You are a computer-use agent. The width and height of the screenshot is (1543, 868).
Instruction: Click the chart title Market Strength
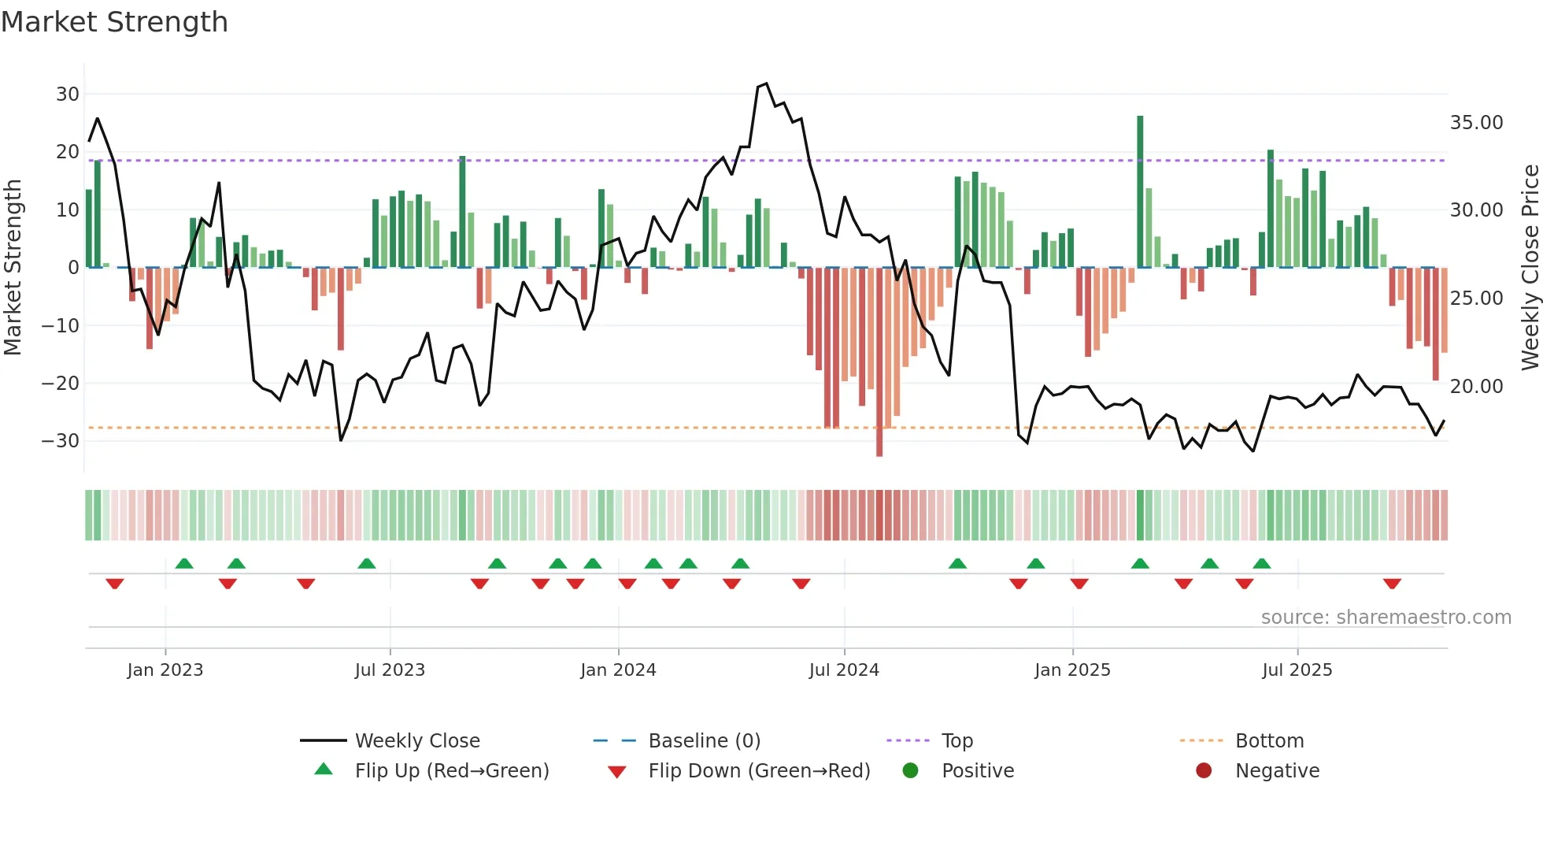pos(114,22)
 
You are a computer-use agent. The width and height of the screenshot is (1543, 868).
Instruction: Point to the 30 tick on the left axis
pos(68,95)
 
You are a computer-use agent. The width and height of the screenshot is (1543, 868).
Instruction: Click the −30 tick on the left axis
pos(61,441)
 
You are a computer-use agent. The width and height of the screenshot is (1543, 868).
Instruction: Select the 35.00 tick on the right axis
pos(1476,123)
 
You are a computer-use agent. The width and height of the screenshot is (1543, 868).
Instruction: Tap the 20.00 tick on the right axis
pos(1476,387)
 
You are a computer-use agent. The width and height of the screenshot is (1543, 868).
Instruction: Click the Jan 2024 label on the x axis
pos(618,670)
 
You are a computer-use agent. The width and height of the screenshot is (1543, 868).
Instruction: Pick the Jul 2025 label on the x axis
pos(1297,670)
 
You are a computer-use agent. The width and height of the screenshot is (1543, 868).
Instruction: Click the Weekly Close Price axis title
pos(1530,268)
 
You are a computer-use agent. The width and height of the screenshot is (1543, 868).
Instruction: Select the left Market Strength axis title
pos(13,268)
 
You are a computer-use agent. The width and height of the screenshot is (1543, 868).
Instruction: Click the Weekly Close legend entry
pos(416,741)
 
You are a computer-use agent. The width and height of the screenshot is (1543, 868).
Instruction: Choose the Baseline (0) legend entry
pos(704,741)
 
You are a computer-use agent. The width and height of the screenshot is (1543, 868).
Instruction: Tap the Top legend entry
pos(957,741)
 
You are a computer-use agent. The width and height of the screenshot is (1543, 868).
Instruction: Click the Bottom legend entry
pos(1269,741)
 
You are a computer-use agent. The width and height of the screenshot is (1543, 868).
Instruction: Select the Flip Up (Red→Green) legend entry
pos(451,771)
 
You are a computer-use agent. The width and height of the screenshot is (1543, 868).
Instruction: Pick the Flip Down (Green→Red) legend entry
pos(759,771)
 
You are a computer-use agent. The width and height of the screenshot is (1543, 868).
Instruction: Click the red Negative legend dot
pos(1203,771)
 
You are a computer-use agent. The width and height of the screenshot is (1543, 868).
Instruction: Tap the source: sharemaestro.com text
pos(1386,618)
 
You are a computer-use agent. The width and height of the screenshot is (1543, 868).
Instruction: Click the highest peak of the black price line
pos(766,83)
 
